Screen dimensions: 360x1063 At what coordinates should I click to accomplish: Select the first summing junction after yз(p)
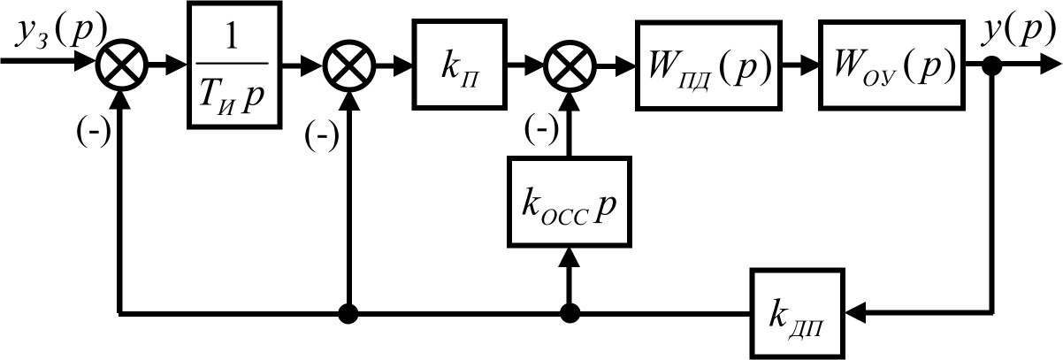click(x=119, y=65)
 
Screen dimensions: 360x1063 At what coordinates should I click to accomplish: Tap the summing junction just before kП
click(x=350, y=65)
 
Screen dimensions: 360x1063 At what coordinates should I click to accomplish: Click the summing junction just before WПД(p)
click(x=569, y=65)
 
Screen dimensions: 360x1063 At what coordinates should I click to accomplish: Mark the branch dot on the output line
click(x=992, y=65)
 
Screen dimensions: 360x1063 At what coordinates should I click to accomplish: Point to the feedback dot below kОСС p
click(x=569, y=312)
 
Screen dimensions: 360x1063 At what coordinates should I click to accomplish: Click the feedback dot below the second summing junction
click(x=350, y=312)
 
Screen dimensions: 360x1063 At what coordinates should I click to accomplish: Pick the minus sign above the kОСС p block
click(x=537, y=129)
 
